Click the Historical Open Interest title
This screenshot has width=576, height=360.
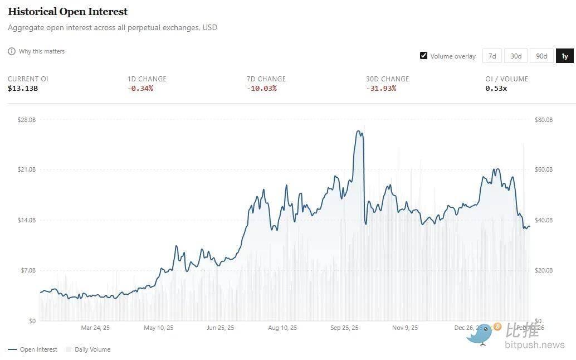[67, 12]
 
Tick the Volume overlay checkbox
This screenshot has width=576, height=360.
[424, 56]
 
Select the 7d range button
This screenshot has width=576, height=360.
[492, 56]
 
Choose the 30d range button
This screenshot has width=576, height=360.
[516, 56]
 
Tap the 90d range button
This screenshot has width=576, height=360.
[541, 56]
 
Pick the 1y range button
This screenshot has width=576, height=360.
[564, 56]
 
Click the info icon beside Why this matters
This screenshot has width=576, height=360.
[12, 51]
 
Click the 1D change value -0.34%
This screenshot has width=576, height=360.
[140, 89]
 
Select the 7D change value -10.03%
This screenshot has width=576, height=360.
[261, 89]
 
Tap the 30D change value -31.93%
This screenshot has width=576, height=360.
[381, 89]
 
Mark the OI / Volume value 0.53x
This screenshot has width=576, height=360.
[496, 89]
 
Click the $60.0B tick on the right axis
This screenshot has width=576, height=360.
[544, 169]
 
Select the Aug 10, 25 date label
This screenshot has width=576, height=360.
[282, 328]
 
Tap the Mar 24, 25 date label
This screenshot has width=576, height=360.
[95, 328]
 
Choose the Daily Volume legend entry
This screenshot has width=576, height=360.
[92, 349]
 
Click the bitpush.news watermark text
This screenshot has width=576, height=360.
[534, 345]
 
